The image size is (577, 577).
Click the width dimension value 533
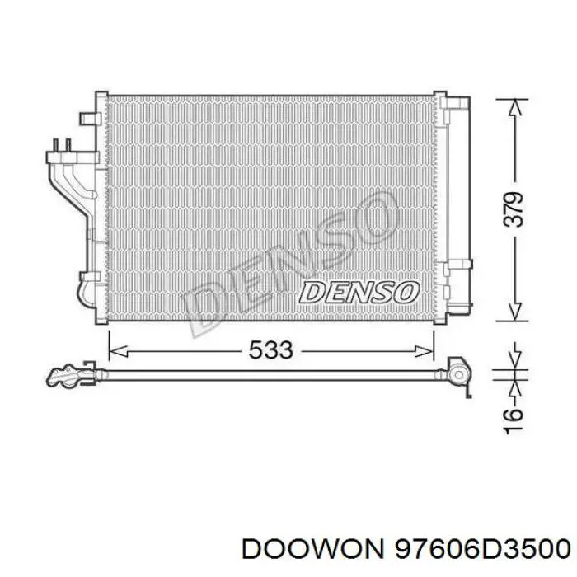tap(271, 349)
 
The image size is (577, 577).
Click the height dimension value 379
tap(513, 209)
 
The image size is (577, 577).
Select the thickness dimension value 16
tap(513, 420)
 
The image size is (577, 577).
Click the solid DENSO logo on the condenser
tap(359, 293)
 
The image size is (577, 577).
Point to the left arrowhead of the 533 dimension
tap(119, 351)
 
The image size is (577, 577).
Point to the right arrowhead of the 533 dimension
tap(425, 351)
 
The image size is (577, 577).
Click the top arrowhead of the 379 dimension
tap(516, 108)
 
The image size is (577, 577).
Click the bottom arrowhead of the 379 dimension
tap(516, 312)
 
